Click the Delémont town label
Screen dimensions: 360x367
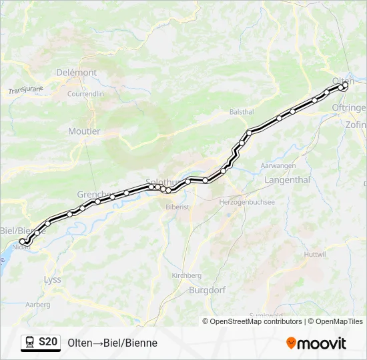77,72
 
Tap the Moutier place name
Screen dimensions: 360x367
84,131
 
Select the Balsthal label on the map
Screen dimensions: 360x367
242,112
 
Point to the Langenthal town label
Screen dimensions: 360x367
287,180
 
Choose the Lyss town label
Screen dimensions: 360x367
51,279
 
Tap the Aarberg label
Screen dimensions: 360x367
37,305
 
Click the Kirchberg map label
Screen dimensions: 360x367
186,275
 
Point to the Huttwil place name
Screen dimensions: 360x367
315,254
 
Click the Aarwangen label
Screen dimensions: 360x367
278,165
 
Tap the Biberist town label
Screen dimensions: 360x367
178,207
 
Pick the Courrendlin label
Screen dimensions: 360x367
85,94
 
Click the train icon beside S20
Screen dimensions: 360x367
29,343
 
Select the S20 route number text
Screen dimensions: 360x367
47,343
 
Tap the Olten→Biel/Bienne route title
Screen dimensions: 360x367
112,343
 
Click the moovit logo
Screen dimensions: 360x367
316,343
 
